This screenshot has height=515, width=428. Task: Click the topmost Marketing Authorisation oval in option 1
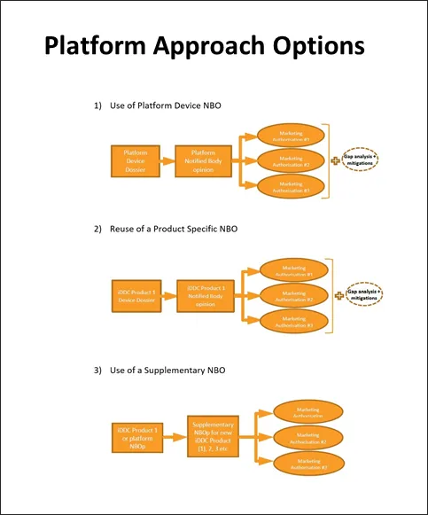(x=291, y=135)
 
